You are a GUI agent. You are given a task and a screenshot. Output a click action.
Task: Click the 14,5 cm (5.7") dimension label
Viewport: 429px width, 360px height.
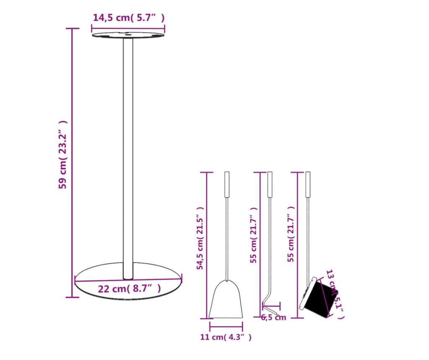point(129,18)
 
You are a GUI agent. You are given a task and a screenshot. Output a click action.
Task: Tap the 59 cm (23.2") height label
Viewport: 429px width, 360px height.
point(63,154)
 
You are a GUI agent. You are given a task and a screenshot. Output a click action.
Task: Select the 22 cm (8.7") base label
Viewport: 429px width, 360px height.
point(129,288)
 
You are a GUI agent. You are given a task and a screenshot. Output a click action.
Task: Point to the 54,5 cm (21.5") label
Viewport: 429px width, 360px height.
point(200,238)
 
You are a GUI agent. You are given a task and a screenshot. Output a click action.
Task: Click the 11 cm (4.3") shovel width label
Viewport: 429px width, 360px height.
point(226,337)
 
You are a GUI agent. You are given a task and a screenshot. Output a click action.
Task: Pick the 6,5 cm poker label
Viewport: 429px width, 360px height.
point(273,317)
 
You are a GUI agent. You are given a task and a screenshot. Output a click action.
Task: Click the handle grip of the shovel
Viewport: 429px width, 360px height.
point(227,185)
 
